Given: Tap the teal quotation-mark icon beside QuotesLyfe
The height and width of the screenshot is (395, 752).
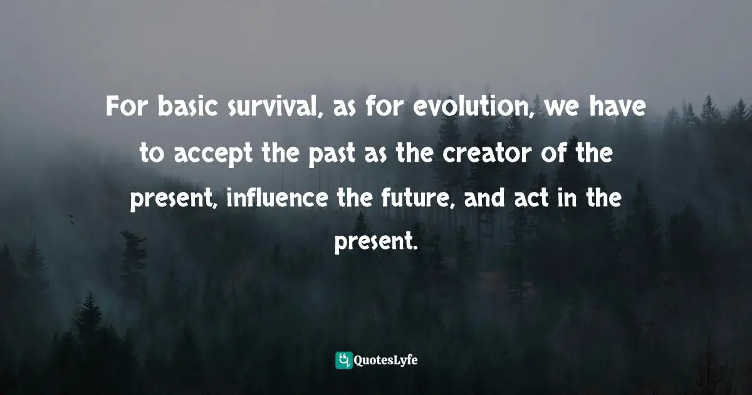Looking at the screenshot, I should tap(344, 360).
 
